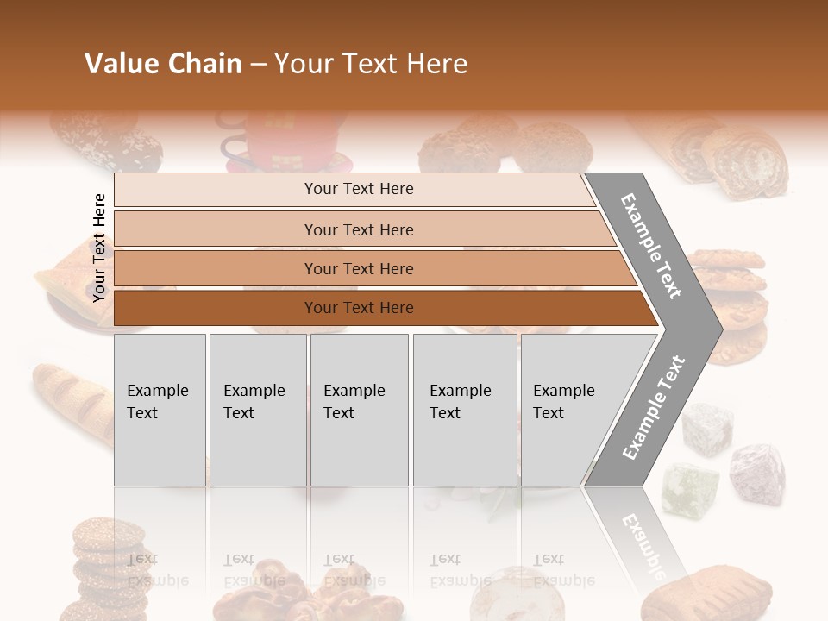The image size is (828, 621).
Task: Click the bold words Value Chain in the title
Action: pyautogui.click(x=163, y=64)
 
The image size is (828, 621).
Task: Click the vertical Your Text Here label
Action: pyautogui.click(x=99, y=248)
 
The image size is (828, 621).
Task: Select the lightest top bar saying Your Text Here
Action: pyautogui.click(x=358, y=189)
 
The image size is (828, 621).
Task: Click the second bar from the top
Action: pyautogui.click(x=358, y=229)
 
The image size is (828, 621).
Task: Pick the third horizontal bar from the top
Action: pyautogui.click(x=358, y=268)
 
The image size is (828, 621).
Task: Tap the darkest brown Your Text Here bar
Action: pyautogui.click(x=358, y=308)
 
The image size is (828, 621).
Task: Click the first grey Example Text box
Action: pyautogui.click(x=160, y=410)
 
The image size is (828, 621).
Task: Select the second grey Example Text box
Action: pyautogui.click(x=257, y=410)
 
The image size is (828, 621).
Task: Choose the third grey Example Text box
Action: pyautogui.click(x=359, y=410)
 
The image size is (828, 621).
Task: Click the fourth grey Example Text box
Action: pyautogui.click(x=464, y=410)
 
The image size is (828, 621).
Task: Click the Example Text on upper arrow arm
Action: pyautogui.click(x=652, y=246)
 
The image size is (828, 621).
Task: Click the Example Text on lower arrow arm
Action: pyautogui.click(x=653, y=407)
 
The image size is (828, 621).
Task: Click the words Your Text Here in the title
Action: pyautogui.click(x=371, y=64)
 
